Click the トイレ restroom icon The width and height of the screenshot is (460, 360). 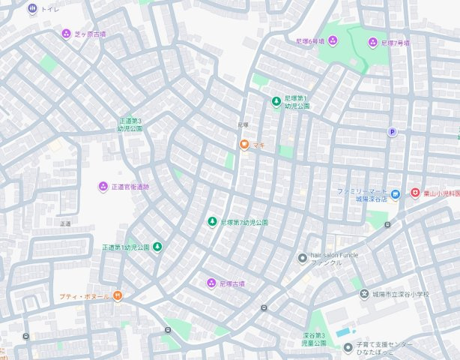(31, 9)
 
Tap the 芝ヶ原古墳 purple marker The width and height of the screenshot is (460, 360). (66, 34)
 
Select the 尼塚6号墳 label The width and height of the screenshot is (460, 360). (312, 40)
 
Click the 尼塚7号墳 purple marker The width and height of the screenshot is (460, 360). (372, 43)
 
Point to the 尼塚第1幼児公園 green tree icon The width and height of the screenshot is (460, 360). (276, 101)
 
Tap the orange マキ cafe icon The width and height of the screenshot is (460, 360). (243, 145)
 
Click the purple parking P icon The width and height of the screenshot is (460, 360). (391, 132)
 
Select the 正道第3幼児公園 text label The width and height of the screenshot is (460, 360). (130, 124)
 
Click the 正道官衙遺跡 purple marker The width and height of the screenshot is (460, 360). (103, 186)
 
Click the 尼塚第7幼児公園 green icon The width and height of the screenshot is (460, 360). (212, 222)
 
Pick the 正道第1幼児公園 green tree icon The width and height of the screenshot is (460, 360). (157, 247)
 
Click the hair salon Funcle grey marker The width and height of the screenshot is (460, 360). (302, 258)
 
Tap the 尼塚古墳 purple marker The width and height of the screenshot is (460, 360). (211, 283)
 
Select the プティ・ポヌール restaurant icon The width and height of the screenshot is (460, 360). (118, 296)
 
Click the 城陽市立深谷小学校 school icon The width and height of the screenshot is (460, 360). (364, 294)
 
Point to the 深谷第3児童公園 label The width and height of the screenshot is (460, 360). (315, 339)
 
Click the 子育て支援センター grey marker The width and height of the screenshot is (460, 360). (348, 347)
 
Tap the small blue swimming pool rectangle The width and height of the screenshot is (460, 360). (343, 331)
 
